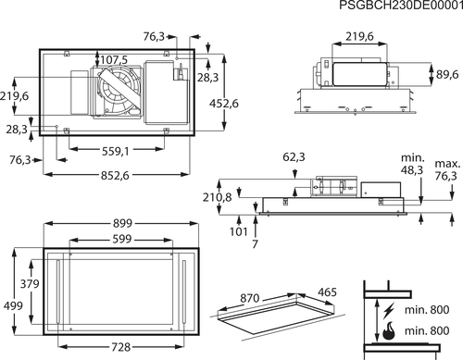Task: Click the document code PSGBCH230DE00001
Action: pos(401,6)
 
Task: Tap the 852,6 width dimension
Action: pos(115,176)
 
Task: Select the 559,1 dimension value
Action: pos(116,152)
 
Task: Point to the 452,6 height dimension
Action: pos(224,104)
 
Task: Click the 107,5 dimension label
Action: pos(114,60)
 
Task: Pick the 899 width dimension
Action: pos(122,223)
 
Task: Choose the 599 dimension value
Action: pos(122,239)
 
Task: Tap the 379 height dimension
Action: pos(30,284)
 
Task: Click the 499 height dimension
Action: pos(13,306)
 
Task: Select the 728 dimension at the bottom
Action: pos(121,347)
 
